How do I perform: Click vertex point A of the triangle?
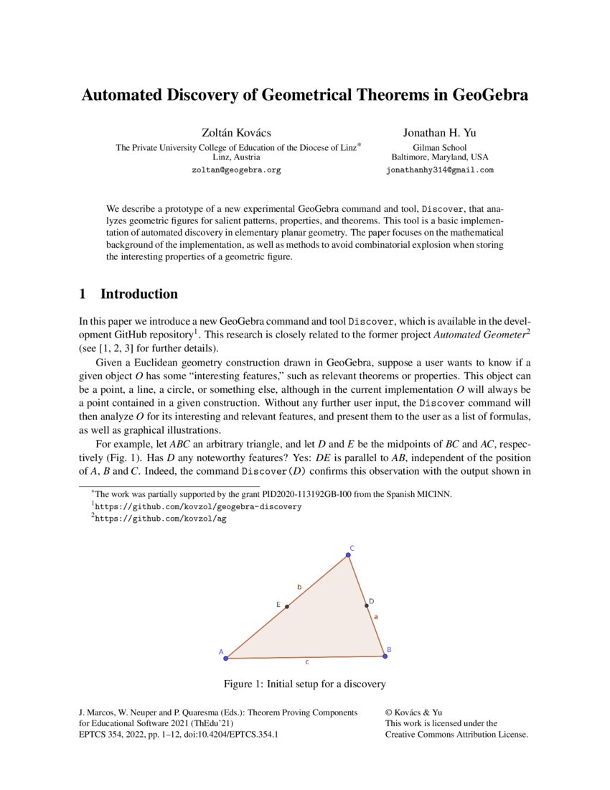(225, 658)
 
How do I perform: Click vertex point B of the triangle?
(385, 656)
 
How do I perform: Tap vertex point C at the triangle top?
(347, 554)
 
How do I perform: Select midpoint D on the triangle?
(367, 605)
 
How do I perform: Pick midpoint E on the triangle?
(286, 607)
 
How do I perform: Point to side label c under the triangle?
(308, 663)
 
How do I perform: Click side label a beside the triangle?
(377, 615)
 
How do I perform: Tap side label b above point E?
(299, 587)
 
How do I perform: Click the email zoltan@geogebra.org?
(236, 170)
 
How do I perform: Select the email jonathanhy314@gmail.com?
(440, 170)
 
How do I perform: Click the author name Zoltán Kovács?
(238, 132)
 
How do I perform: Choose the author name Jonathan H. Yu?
(439, 132)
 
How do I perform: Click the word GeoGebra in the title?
(486, 95)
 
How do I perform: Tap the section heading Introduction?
(139, 294)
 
